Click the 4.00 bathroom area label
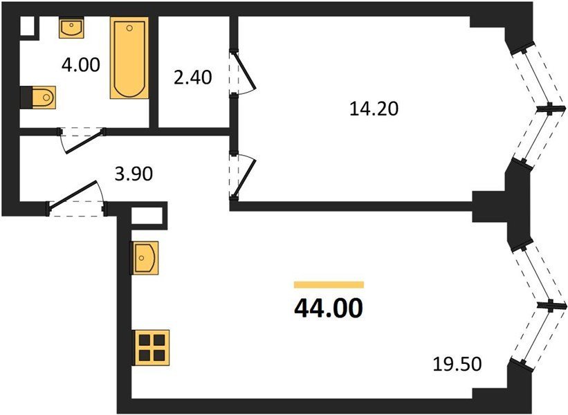tap(80, 65)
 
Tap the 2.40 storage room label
tap(193, 77)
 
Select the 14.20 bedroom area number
tap(374, 109)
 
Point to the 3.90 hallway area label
tap(134, 174)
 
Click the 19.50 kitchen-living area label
tap(457, 364)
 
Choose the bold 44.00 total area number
tap(329, 308)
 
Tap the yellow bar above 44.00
tap(329, 285)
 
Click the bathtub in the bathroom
tap(129, 58)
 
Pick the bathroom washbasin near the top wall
tap(71, 28)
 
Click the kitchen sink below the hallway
tap(145, 258)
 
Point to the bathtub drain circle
tap(129, 28)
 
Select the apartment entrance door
tap(76, 199)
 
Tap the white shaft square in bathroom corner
tap(27, 26)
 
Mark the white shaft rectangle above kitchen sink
tap(146, 216)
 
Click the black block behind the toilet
tap(26, 97)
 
